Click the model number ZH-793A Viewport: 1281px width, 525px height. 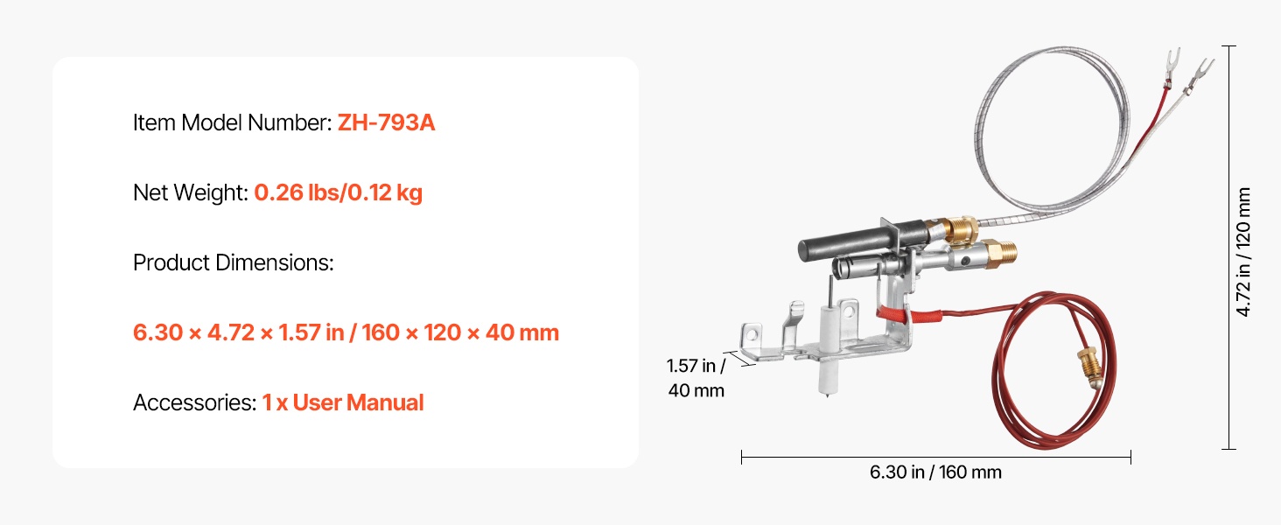(x=386, y=122)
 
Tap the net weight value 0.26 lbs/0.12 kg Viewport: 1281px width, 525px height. (x=338, y=192)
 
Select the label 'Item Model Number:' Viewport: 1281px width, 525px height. (x=232, y=122)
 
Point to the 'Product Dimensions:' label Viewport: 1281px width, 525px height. (x=234, y=262)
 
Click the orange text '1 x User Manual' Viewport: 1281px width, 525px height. (x=342, y=402)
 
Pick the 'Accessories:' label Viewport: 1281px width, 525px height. (x=194, y=402)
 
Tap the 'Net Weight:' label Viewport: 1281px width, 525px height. (x=191, y=192)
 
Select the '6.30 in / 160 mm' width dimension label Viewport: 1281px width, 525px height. (x=935, y=472)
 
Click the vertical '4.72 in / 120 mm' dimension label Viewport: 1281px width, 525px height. (x=1243, y=252)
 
